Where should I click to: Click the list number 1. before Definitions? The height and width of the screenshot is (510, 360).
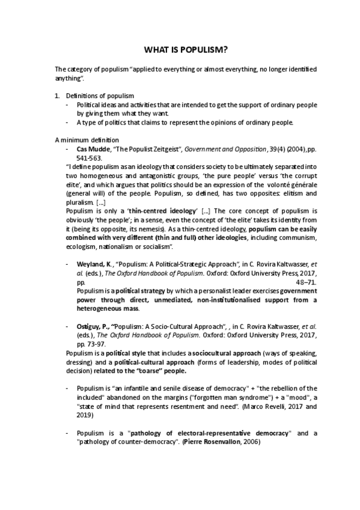click(x=57, y=96)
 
